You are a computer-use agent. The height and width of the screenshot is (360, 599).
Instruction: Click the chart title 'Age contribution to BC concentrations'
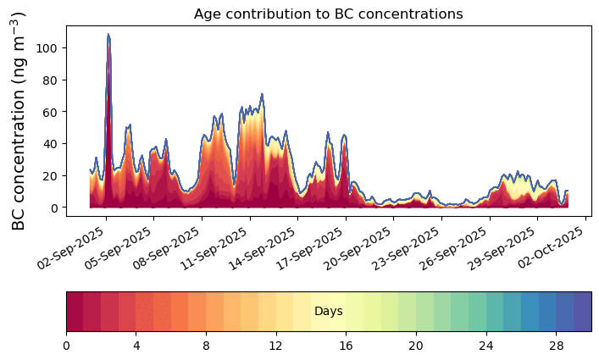click(x=328, y=14)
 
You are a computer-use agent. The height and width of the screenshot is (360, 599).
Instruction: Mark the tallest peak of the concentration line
click(x=108, y=35)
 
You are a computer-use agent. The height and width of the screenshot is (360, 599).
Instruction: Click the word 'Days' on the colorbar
click(x=328, y=312)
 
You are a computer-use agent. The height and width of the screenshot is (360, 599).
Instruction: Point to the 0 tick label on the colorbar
click(x=66, y=346)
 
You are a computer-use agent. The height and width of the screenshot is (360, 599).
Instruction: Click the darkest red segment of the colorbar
click(x=75, y=312)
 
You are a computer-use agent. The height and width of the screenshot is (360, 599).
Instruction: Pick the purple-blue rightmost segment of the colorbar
click(x=582, y=312)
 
